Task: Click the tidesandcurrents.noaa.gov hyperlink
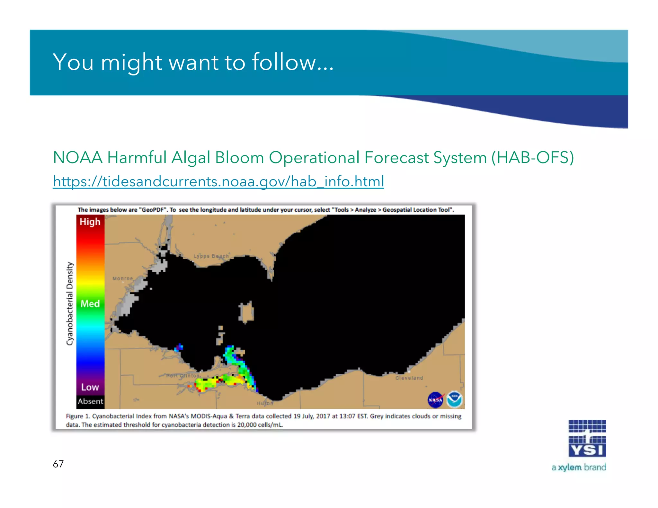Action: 218,181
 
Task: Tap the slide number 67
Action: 58,464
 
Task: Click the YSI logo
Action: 587,438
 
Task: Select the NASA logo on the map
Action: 436,400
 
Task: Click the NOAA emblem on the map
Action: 454,399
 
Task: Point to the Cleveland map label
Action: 409,378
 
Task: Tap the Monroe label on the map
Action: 123,278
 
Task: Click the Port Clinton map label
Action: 183,375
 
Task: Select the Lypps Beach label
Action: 211,256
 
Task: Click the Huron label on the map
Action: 265,403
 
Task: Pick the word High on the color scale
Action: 90,222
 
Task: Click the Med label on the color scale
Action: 90,303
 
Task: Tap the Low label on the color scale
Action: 90,387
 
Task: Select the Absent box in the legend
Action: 90,401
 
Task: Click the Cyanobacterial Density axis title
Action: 70,303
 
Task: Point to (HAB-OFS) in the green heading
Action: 532,158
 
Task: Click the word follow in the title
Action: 284,62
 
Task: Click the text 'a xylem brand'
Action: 579,467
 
